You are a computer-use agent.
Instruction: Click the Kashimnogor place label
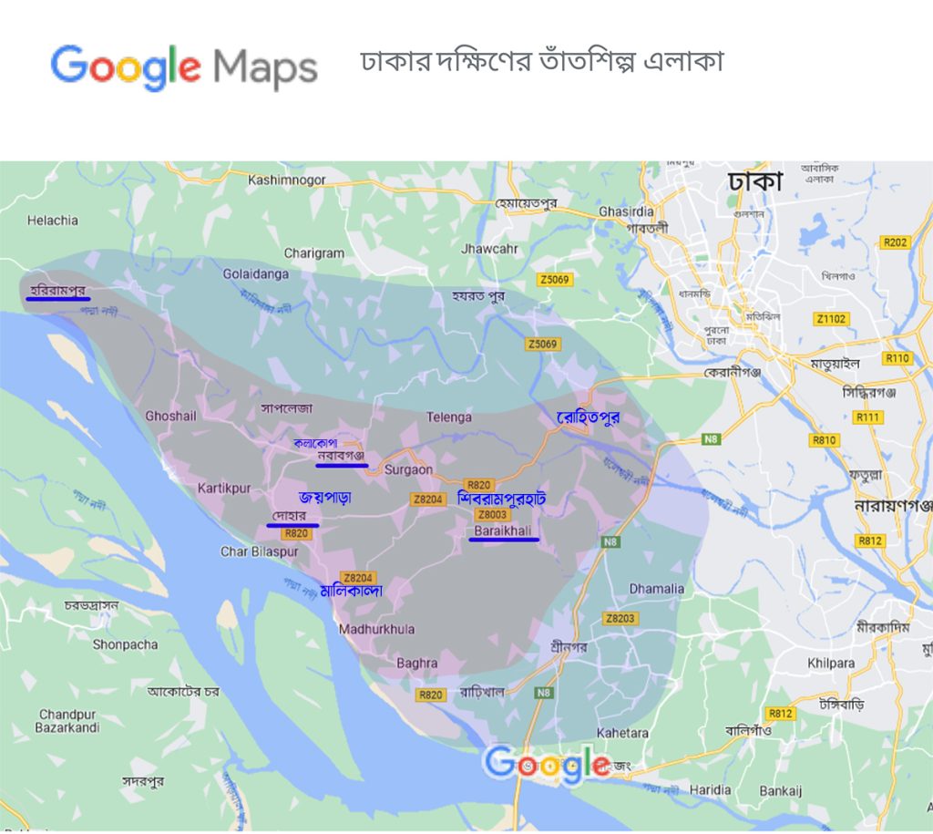point(286,180)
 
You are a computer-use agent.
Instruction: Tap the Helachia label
point(53,220)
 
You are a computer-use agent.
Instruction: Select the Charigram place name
point(314,253)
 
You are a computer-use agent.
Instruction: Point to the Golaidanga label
point(256,273)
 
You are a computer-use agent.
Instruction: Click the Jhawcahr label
point(489,248)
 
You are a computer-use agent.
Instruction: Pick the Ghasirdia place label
point(626,211)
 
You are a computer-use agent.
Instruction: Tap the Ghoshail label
point(170,416)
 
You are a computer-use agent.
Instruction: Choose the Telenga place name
point(449,417)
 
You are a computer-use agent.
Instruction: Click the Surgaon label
point(408,471)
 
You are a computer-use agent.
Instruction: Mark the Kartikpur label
point(224,489)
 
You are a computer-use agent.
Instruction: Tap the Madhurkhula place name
point(376,630)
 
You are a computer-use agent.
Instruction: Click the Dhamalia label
point(656,589)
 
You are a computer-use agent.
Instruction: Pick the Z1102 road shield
point(831,319)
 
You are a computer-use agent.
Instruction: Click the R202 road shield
point(896,242)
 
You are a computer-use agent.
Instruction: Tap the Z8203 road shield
point(620,619)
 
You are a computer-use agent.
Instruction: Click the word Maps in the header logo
point(264,68)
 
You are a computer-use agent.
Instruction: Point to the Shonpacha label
point(125,644)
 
